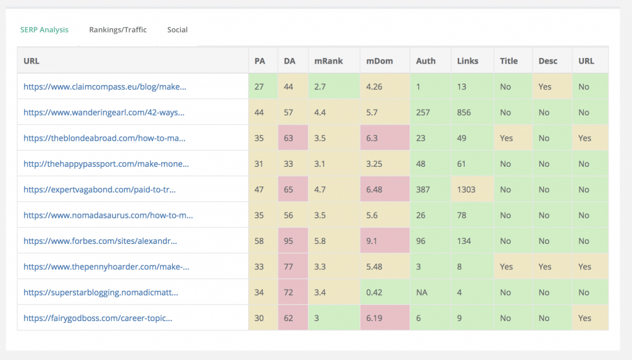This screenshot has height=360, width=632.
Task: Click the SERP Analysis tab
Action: coord(44,30)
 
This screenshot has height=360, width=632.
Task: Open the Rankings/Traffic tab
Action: coord(118,30)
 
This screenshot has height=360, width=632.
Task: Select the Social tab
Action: coord(177,30)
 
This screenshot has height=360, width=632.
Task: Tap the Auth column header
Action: coord(426,61)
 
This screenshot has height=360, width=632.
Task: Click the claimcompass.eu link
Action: coord(105,86)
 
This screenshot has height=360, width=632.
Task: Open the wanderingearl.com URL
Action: coord(104,112)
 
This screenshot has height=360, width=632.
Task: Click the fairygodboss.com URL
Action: coord(98,318)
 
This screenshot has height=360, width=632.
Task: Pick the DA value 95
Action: coord(289,241)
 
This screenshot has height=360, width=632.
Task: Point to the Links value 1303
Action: coord(467,190)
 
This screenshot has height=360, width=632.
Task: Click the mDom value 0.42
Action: coord(374,292)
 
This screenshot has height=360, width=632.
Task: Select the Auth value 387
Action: coord(424,190)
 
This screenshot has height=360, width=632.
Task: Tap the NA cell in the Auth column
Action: coord(422,292)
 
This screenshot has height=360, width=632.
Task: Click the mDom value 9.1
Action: coord(372,241)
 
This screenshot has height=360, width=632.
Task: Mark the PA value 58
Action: coord(259,241)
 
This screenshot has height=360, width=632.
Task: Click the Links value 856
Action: coord(464,112)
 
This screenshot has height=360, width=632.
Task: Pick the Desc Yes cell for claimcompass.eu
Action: coord(545,86)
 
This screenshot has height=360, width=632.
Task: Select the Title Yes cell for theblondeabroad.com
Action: coord(507,138)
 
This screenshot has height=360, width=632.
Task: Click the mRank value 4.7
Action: coord(321,190)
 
